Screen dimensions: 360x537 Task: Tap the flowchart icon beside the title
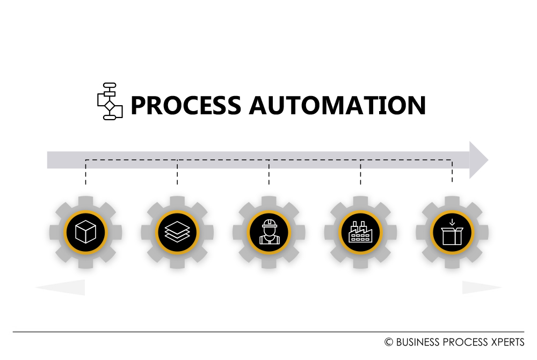pos(110,101)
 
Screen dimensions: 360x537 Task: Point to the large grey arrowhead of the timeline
pos(478,160)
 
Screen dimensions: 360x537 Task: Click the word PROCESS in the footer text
pos(462,342)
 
